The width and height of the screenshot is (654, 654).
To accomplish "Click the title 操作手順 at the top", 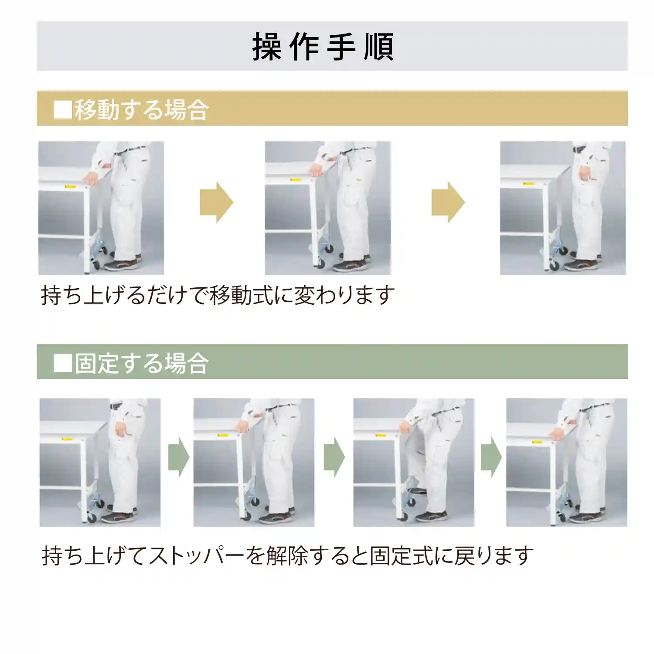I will click(x=323, y=46).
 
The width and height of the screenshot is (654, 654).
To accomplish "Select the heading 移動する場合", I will click(x=141, y=109).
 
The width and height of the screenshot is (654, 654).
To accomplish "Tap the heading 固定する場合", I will click(x=141, y=363).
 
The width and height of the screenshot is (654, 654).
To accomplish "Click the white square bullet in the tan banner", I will click(x=62, y=109).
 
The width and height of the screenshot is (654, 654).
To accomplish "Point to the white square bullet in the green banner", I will click(x=62, y=363).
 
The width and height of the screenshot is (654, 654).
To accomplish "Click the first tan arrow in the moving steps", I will click(x=217, y=202).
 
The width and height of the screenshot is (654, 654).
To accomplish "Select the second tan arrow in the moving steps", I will click(x=448, y=202).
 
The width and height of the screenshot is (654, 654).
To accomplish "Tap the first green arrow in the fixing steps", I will click(x=178, y=457).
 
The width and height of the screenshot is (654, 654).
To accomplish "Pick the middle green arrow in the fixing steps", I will click(x=334, y=457).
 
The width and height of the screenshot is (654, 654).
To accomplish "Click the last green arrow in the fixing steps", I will click(x=491, y=457).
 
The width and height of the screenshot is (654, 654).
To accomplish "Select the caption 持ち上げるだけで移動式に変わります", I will click(x=218, y=296).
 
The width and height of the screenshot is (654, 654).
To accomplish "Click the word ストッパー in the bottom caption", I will click(x=196, y=556).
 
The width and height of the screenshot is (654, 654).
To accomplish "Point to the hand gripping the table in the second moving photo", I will click(x=316, y=170).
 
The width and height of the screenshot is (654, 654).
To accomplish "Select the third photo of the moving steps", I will click(x=562, y=208).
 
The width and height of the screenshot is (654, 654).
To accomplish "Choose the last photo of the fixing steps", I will click(x=566, y=462).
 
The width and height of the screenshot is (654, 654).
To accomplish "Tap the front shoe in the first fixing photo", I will click(x=119, y=518).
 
